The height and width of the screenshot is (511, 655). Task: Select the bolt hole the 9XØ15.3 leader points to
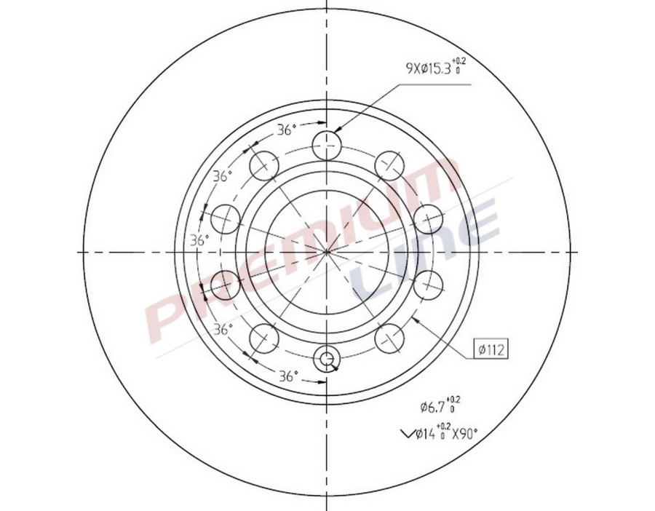pyautogui.click(x=327, y=144)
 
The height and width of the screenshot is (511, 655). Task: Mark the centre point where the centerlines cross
pyautogui.click(x=327, y=252)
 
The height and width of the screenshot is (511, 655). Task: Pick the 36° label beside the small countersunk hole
pyautogui.click(x=289, y=376)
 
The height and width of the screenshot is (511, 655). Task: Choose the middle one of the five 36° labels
pyautogui.click(x=199, y=241)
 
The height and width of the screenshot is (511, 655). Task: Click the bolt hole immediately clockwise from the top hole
pyautogui.click(x=390, y=165)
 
